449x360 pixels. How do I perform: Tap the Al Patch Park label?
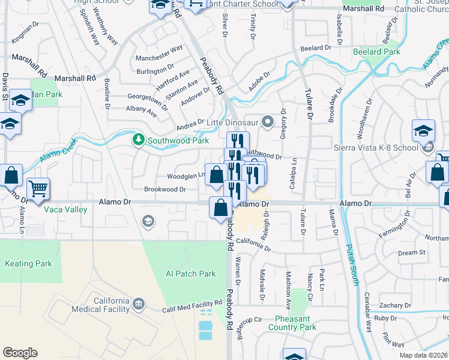pyautogui.click(x=190, y=274)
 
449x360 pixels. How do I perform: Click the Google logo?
pyautogui.click(x=20, y=353)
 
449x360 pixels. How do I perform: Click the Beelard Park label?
pyautogui.click(x=377, y=52)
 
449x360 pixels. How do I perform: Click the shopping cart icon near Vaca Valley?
pyautogui.click(x=38, y=189)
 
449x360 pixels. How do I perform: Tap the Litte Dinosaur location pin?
pyautogui.click(x=268, y=122)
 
